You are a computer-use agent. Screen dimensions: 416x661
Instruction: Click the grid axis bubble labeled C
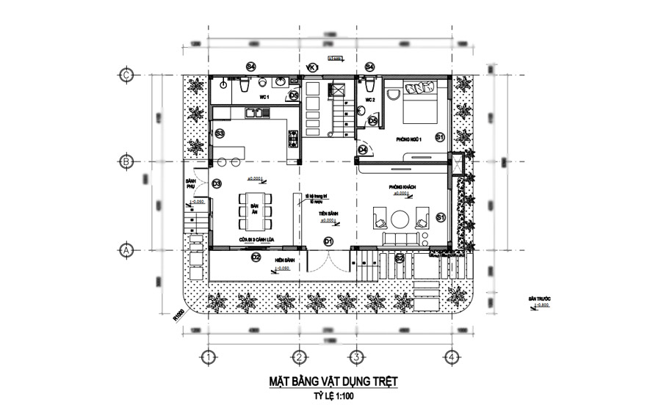coord(126,74)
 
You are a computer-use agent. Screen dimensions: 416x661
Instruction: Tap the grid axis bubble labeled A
coord(126,250)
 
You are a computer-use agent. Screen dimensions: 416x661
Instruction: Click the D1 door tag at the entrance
coord(329,241)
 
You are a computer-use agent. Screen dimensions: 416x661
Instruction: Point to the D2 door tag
coord(256,258)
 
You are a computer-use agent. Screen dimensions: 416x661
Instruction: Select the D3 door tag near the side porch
coord(217,184)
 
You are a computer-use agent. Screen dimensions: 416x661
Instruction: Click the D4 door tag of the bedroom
coord(363,150)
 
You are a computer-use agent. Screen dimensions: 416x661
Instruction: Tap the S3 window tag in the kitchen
coord(219,133)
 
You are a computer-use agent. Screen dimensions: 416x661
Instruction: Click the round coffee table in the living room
coord(401,219)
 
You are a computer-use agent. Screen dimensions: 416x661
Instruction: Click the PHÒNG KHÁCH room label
coord(404,189)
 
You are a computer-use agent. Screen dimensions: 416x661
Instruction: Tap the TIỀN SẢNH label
coord(328,214)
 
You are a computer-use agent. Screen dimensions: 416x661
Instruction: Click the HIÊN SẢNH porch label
coord(284,260)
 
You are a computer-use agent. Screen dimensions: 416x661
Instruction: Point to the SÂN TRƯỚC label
coord(538,299)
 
